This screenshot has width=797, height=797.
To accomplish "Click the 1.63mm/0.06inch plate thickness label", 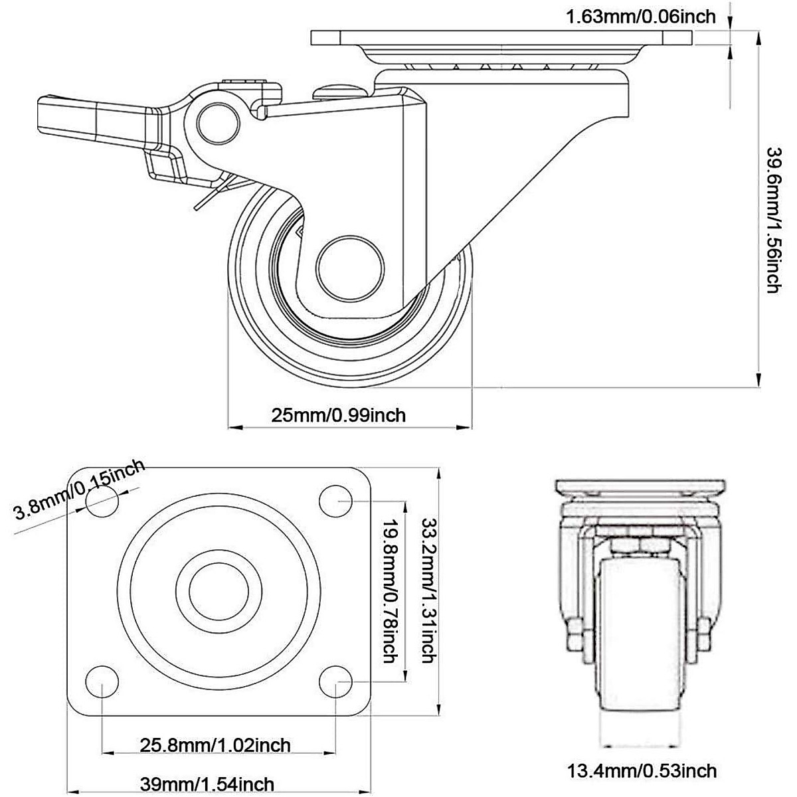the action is pos(640,17).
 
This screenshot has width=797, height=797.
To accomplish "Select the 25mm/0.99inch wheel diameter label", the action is pos(338,415).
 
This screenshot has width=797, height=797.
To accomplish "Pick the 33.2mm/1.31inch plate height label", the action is pos(429,589).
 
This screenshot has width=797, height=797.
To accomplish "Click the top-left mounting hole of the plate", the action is pos(102,501).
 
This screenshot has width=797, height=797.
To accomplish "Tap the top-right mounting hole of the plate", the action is pos(336,501).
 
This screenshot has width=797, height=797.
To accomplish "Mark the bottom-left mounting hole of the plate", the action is pos(102,681).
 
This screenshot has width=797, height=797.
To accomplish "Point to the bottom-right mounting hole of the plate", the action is pos(336,681).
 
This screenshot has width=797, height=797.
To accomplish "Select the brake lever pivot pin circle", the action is pos(219,123).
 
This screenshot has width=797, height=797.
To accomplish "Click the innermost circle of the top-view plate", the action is pos(219,592).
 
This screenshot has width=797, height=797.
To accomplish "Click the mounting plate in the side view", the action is pos(501,38).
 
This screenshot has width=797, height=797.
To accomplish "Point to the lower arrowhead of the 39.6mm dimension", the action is pos(758,379).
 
